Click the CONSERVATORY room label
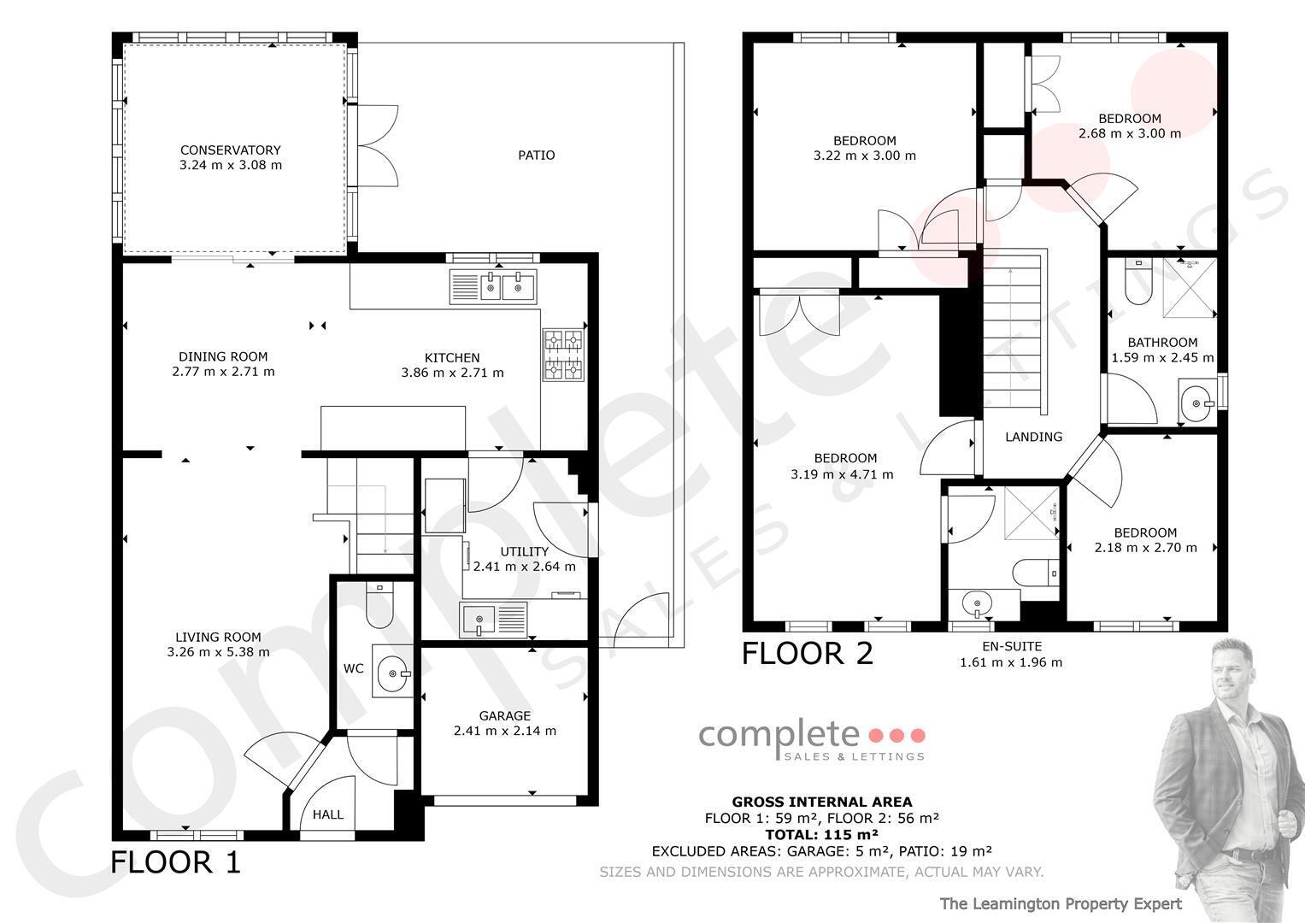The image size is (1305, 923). point(231,150)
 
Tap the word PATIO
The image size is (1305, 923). point(537,155)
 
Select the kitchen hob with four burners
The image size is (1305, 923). point(563,355)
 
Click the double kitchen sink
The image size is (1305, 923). point(493,286)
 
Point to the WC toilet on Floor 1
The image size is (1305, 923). point(379,605)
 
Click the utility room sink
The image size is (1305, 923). point(493,620)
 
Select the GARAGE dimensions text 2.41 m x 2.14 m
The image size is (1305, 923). point(505,731)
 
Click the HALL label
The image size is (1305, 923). point(328,814)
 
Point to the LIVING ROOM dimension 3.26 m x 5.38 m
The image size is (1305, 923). point(219,652)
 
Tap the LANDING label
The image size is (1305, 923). point(1034,437)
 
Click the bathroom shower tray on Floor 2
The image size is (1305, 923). point(1190,289)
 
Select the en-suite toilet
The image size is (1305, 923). point(1035,573)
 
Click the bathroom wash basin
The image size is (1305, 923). point(1197,403)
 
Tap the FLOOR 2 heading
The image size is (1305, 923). point(808,653)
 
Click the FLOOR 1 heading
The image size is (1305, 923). point(175,862)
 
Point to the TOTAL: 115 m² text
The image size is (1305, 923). point(822,834)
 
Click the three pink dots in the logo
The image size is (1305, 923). point(896,735)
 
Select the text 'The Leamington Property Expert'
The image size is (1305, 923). point(1061,904)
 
